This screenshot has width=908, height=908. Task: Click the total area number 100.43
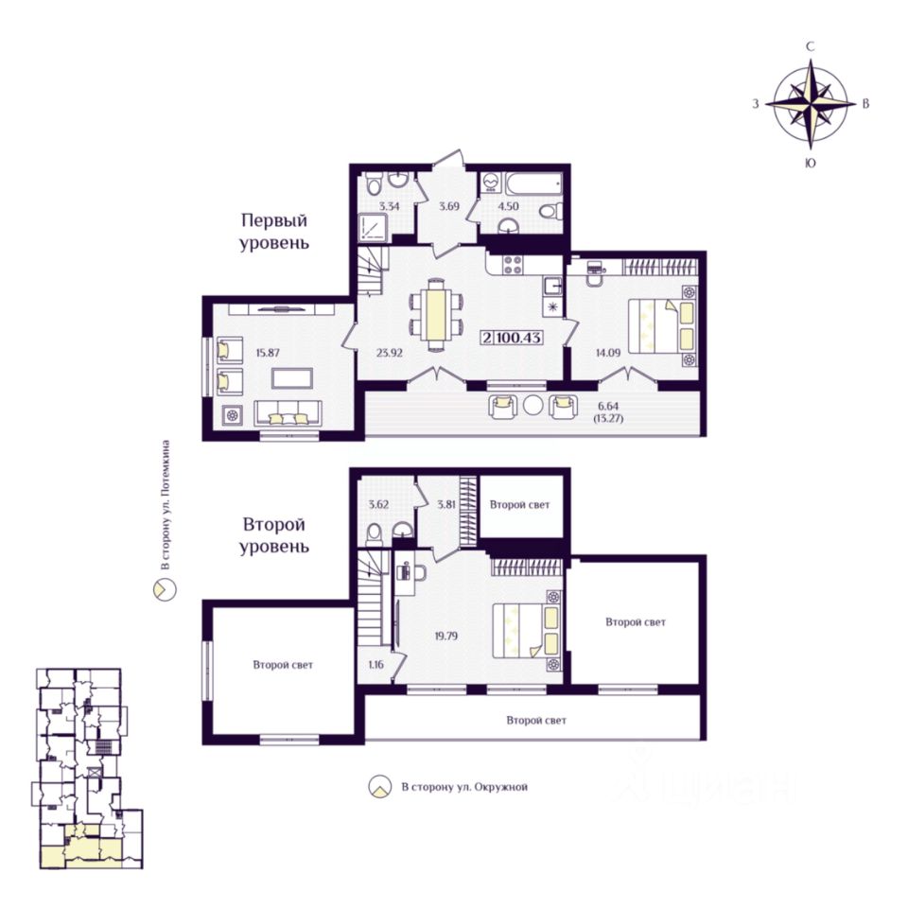pyautogui.click(x=519, y=337)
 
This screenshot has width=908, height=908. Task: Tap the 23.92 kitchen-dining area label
pyautogui.click(x=389, y=352)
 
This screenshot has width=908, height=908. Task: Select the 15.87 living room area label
pyautogui.click(x=268, y=352)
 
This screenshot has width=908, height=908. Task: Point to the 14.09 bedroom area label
pyautogui.click(x=608, y=352)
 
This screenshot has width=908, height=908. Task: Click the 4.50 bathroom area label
pyautogui.click(x=509, y=206)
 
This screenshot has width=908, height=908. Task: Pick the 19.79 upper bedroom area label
pyautogui.click(x=445, y=636)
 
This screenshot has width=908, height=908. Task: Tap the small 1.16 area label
pyautogui.click(x=375, y=664)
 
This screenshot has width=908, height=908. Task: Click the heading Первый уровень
pyautogui.click(x=274, y=231)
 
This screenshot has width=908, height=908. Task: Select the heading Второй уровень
pyautogui.click(x=274, y=535)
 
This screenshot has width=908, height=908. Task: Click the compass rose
pyautogui.click(x=811, y=104)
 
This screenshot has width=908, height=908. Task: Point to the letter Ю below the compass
pyautogui.click(x=811, y=164)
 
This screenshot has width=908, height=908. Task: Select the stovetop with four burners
pyautogui.click(x=514, y=265)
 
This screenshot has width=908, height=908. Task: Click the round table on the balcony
pyautogui.click(x=533, y=405)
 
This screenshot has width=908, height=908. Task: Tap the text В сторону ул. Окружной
pyautogui.click(x=464, y=787)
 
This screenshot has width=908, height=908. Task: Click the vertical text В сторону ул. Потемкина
pyautogui.click(x=166, y=504)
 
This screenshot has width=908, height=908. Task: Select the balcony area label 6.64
pyautogui.click(x=608, y=406)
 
